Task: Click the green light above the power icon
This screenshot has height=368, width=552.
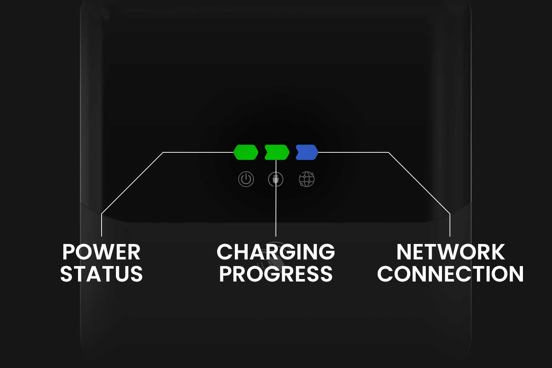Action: (x=246, y=152)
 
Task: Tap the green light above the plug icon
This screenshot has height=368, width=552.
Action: (x=277, y=152)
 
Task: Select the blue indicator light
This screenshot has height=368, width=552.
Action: (x=307, y=152)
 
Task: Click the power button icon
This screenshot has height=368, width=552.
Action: (x=246, y=179)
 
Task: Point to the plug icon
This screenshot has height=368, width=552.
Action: (x=276, y=179)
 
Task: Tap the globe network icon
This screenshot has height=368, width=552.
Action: (x=307, y=179)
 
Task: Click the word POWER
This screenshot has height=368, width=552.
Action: (x=101, y=252)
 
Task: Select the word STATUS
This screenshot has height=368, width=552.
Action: (x=101, y=273)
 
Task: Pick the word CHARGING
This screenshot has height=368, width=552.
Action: (x=276, y=252)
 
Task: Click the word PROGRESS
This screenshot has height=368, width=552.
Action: (x=276, y=273)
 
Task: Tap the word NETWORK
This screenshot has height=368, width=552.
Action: (x=450, y=252)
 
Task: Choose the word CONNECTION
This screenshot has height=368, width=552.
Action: (x=450, y=273)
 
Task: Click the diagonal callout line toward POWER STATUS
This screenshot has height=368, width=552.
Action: (x=132, y=183)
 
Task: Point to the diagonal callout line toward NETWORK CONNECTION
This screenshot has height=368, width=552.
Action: (x=419, y=183)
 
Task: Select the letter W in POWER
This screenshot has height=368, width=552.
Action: (x=108, y=252)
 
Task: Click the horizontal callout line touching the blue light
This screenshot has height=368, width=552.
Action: (x=353, y=152)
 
